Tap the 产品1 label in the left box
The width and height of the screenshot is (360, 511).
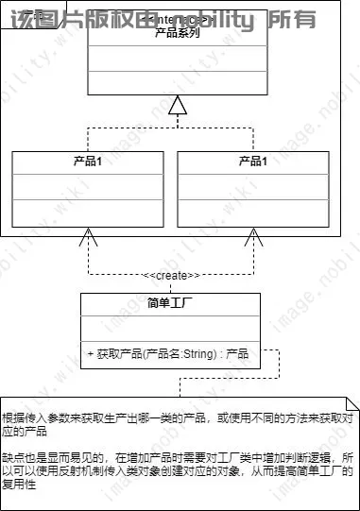click(88, 161)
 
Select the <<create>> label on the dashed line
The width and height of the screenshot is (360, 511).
click(171, 275)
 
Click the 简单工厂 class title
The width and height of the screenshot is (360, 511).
click(171, 303)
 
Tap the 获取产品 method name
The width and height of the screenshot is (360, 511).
click(118, 354)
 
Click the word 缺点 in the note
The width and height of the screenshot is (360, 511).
click(13, 454)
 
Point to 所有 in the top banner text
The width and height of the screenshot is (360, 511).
click(293, 19)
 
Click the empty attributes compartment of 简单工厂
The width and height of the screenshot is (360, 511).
click(171, 329)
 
